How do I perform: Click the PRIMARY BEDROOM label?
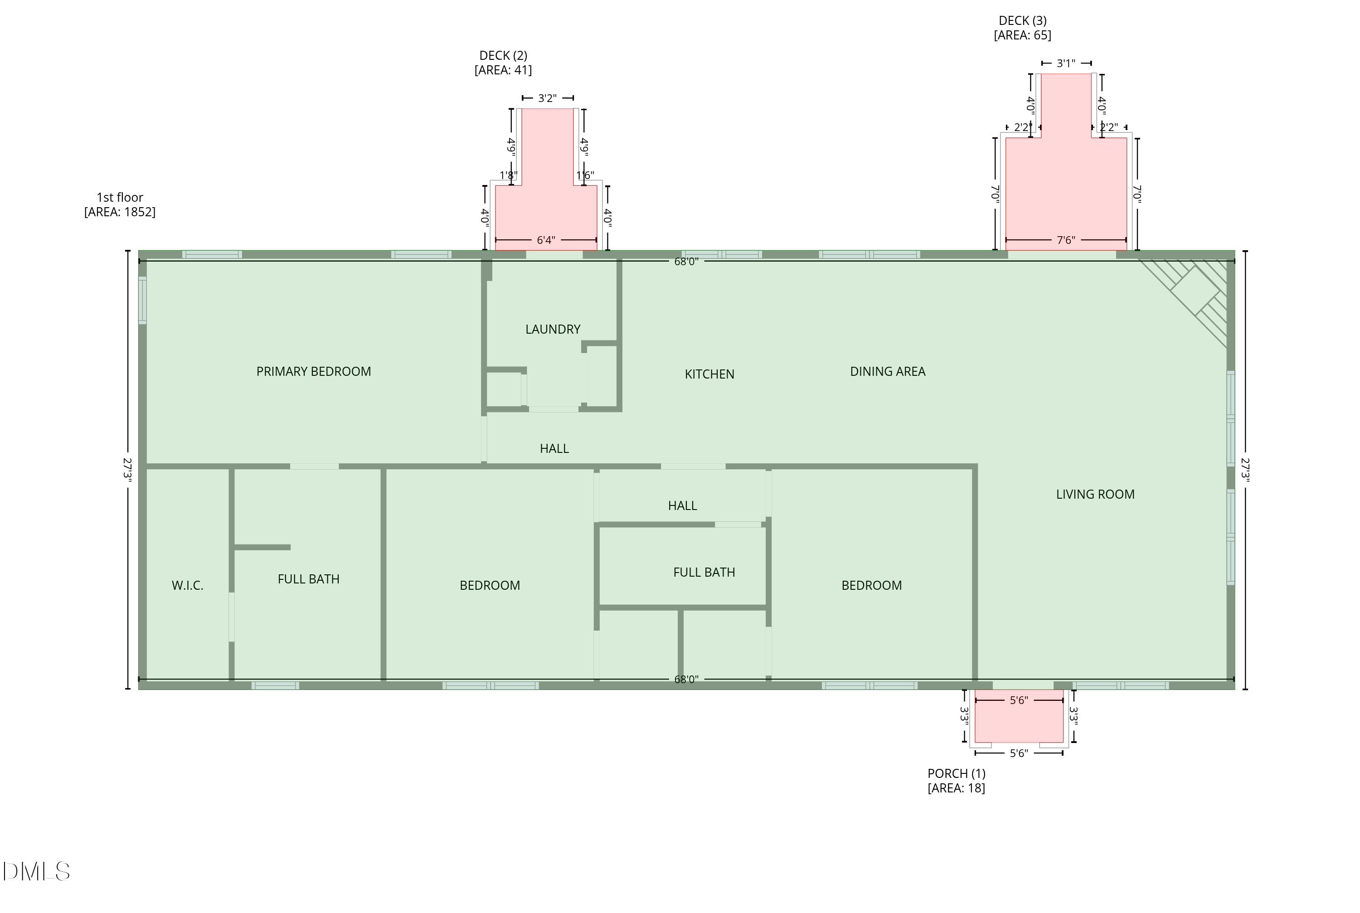[313, 371]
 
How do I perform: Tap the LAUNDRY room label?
[553, 330]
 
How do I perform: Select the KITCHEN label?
[709, 374]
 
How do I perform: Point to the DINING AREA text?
[887, 371]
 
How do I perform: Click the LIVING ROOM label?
[1095, 494]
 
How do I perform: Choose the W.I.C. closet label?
[188, 586]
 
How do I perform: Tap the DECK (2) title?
[503, 56]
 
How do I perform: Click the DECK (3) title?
[1022, 21]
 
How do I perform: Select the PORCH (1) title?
[957, 774]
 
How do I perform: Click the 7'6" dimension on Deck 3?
[1065, 240]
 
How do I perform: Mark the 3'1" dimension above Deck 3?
[1065, 63]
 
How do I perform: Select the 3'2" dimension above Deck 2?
[547, 98]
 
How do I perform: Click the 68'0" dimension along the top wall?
[686, 262]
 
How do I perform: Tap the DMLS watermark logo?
[36, 872]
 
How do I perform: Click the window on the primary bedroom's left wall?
[142, 300]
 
